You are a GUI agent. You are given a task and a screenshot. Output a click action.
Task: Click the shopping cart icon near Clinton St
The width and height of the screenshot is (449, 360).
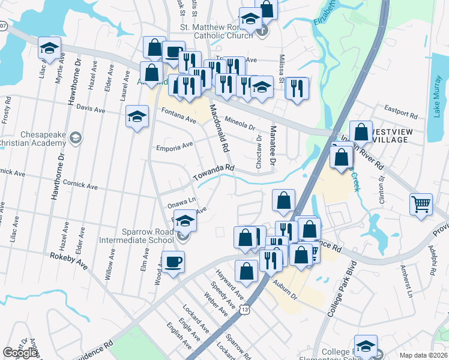[x=421, y=204]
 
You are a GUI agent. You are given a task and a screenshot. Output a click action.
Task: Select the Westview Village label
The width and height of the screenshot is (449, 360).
[x=390, y=135]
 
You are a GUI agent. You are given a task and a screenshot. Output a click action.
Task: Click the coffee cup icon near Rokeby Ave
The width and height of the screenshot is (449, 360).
[x=173, y=262]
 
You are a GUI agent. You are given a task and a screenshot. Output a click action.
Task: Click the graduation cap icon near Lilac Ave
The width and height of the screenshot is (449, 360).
[x=49, y=47]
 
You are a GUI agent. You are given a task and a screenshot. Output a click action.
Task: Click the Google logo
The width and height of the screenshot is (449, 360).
[x=20, y=353]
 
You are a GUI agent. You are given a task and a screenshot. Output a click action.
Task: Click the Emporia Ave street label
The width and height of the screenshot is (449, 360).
[x=174, y=145]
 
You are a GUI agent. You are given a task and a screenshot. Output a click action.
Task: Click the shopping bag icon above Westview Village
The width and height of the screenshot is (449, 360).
[x=361, y=132]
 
